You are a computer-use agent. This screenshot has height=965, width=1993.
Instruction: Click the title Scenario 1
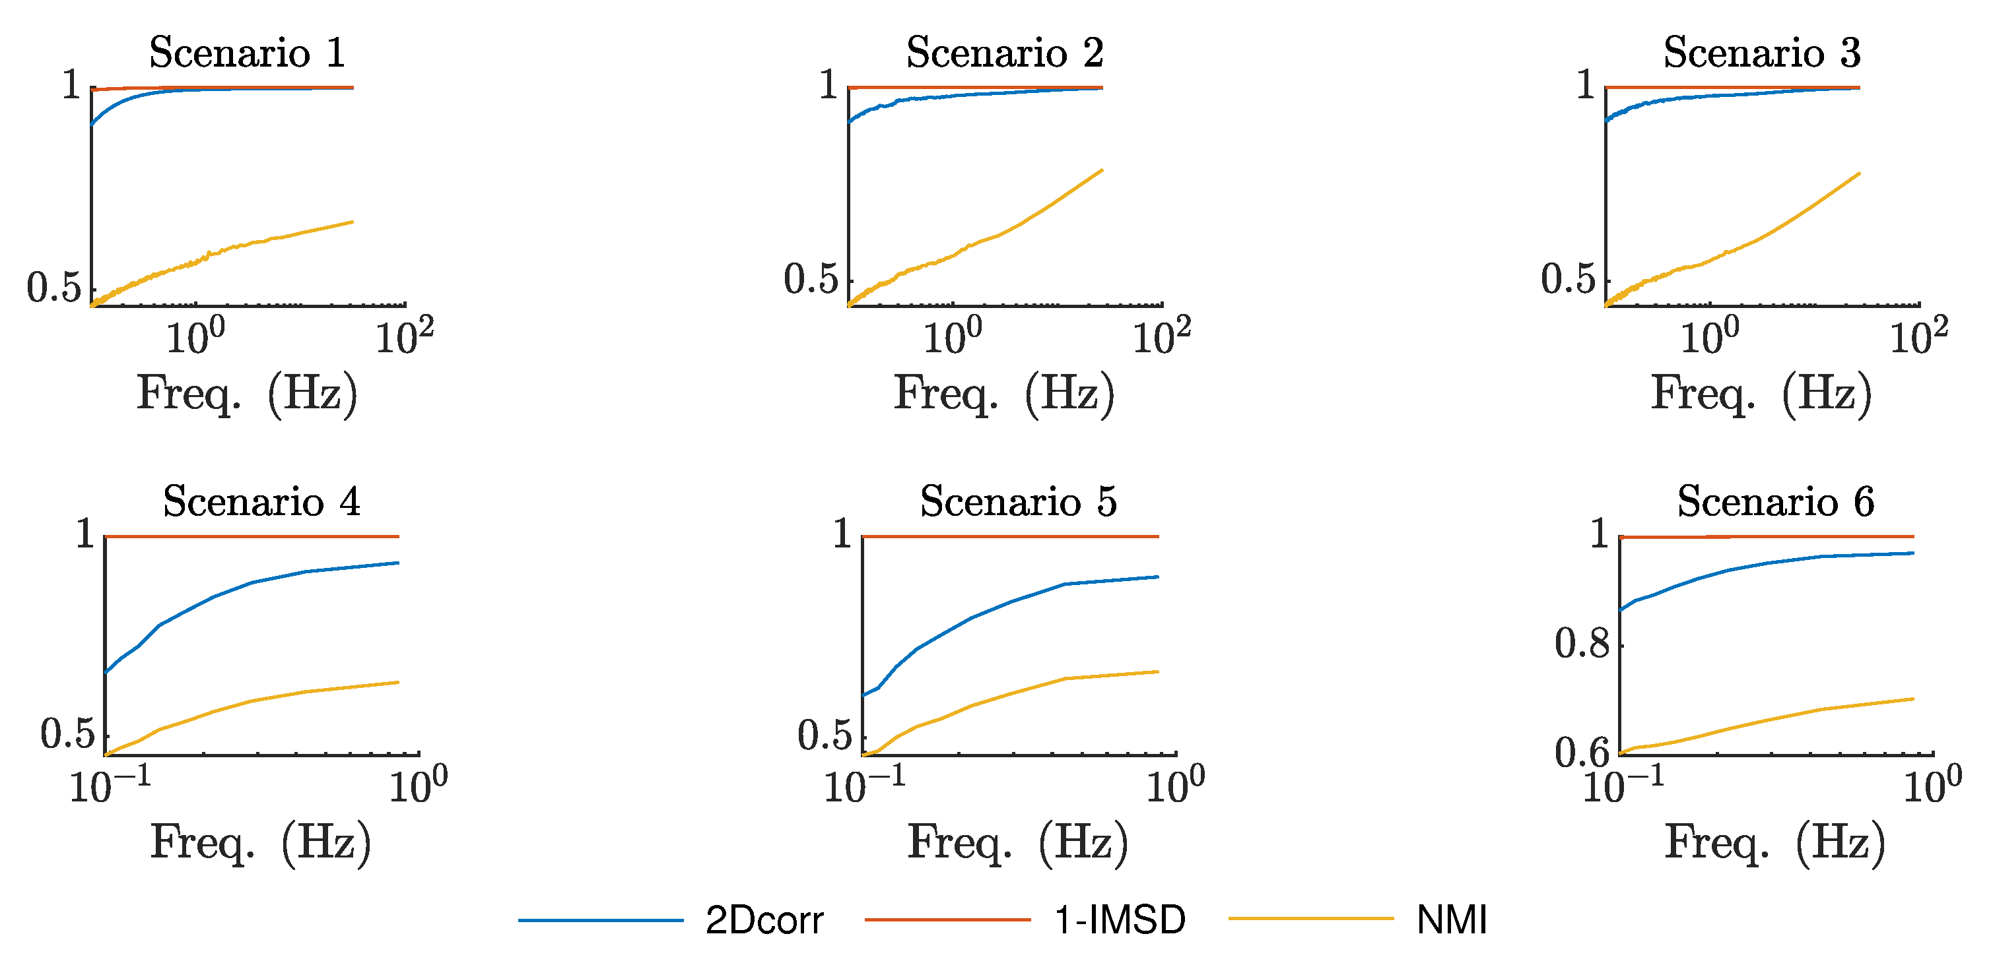point(247,53)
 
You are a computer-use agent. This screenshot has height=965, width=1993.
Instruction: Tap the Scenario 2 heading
point(1004,53)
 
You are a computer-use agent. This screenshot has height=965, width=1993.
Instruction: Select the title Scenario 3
point(1762,53)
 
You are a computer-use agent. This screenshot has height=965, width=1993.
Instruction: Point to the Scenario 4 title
point(261,501)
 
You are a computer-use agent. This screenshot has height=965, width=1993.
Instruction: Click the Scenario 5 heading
point(1018,501)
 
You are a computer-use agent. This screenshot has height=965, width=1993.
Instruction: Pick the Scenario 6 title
point(1776,501)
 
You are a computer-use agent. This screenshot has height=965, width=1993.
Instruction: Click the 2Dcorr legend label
point(764,920)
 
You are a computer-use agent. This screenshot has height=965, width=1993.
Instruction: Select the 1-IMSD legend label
point(1120,920)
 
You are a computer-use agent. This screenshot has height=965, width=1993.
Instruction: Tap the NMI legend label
point(1452,920)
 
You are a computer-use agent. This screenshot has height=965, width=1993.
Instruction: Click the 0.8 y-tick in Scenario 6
point(1582,643)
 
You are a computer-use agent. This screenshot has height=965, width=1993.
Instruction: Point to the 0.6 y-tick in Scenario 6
point(1582,751)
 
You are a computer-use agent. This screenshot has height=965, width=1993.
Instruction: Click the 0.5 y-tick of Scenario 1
point(53,288)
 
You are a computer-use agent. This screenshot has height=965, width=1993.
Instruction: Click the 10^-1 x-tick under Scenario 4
point(109,786)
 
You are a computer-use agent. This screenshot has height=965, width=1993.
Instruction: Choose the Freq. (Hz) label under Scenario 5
point(1018,842)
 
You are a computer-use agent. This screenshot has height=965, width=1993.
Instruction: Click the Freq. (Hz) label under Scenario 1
point(247,394)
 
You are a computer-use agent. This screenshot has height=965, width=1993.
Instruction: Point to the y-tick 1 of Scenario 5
point(842,534)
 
